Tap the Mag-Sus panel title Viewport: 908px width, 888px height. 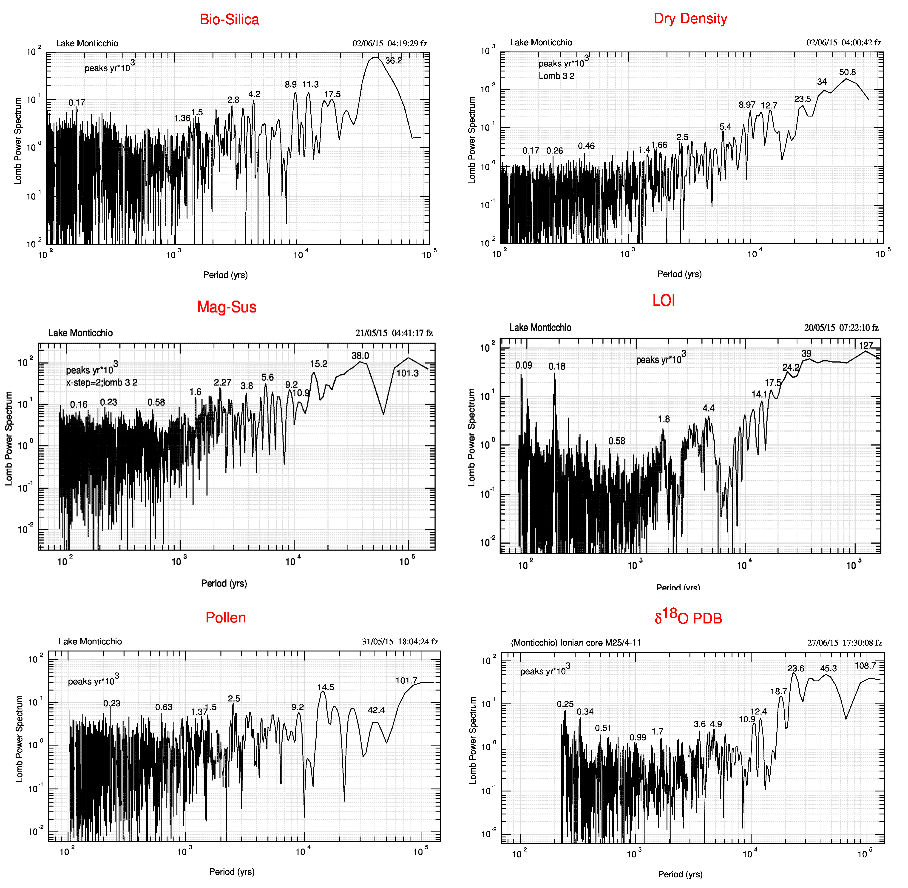coord(227,307)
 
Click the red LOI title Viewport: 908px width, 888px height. coord(664,300)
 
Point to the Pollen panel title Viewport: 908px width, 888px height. coord(226,618)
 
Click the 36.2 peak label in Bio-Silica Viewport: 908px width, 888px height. coord(393,61)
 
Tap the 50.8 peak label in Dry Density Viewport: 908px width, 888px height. coord(847,72)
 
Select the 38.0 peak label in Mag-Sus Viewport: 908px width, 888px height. coord(360,356)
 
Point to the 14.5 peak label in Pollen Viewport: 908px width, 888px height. coord(326,687)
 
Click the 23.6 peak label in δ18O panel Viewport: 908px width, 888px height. coord(796,668)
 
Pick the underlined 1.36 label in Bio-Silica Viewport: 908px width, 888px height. coord(182,118)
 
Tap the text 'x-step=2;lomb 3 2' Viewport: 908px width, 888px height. coord(102,382)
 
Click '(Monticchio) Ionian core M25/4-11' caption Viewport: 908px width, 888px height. coord(576,643)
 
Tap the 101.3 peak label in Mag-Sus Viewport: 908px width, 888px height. coord(407,373)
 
